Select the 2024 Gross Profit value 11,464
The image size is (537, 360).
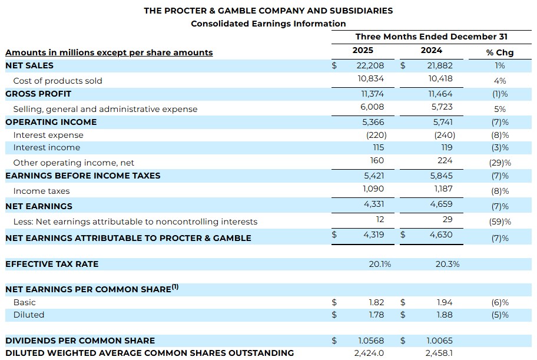point(440,94)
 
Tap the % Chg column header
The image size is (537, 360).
point(499,52)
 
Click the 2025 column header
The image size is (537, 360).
point(363,51)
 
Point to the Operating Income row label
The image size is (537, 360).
point(51,122)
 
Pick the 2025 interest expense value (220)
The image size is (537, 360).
point(376,135)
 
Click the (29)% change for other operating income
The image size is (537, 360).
point(499,163)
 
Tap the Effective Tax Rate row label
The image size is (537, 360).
point(52,264)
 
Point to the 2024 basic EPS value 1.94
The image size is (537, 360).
point(445,302)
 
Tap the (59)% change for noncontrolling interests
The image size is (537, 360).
point(499,222)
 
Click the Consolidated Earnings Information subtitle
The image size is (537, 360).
point(268,24)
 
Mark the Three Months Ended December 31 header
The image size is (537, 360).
point(431,37)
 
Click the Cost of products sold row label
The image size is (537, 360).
point(58,81)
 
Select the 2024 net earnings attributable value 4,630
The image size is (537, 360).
point(442,235)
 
